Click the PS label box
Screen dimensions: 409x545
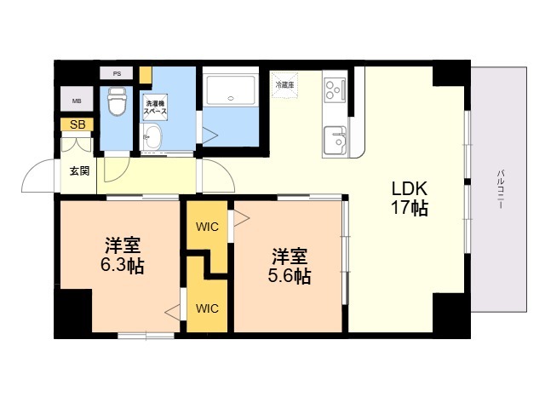pos(117,74)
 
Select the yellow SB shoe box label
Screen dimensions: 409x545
pos(77,124)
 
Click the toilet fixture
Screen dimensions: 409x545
pos(117,101)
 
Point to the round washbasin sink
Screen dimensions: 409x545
pos(153,139)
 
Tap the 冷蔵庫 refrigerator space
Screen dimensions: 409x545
pos(284,84)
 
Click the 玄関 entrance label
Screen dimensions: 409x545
pos(79,170)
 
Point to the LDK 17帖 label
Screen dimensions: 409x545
pos(409,198)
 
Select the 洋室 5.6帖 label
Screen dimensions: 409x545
pos(290,266)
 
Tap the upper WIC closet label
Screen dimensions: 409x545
pos(207,227)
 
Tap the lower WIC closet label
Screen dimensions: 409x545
pos(207,308)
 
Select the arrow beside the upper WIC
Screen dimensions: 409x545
pos(241,218)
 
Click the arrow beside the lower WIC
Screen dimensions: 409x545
pos(173,313)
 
